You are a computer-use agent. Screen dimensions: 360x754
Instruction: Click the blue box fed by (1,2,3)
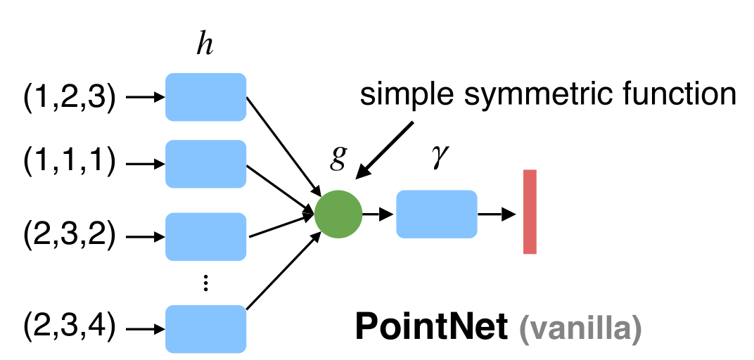pos(205,97)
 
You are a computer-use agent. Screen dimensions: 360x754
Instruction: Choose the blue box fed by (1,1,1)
pos(205,164)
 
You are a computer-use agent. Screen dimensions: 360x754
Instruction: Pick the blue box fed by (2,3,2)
pos(205,236)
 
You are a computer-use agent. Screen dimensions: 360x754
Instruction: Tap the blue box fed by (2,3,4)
pos(205,328)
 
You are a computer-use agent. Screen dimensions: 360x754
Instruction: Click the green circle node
pos(338,214)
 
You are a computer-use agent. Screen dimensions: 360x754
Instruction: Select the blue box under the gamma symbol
pos(437,214)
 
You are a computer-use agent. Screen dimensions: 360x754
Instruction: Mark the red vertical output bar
pos(530,211)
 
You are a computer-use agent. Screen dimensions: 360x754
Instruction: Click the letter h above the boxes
pos(205,45)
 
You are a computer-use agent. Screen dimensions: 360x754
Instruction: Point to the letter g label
pos(339,157)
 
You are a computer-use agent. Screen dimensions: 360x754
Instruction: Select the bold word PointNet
pos(430,326)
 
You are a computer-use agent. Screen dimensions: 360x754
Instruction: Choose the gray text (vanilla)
pos(580,328)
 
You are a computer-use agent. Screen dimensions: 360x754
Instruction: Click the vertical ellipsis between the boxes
pos(205,283)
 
